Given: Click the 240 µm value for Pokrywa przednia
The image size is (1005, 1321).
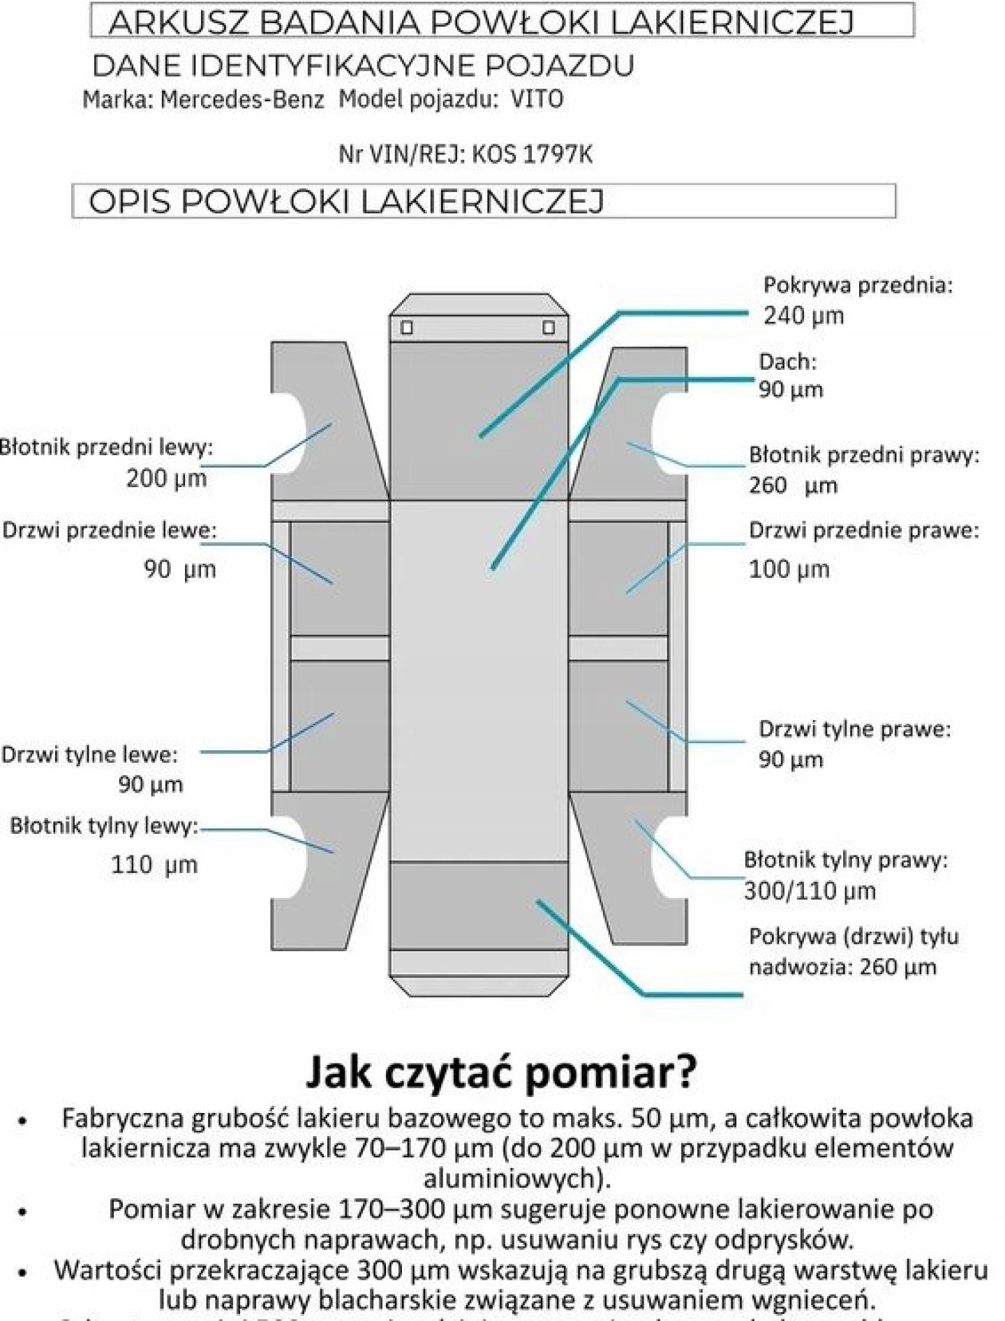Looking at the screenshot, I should (x=803, y=316).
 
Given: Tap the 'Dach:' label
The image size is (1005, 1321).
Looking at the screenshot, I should (x=787, y=361).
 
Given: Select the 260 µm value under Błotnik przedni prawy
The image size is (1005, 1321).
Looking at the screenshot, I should (x=793, y=485).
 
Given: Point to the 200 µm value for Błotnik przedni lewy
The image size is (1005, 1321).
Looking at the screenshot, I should (x=166, y=478).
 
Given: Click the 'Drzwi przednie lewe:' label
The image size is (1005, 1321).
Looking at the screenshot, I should (x=109, y=530).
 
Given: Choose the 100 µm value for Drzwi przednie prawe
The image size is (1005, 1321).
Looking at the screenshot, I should (x=789, y=569).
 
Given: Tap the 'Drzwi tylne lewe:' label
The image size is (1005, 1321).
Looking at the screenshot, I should (x=89, y=754).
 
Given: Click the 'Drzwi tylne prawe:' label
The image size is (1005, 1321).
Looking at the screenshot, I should (x=854, y=729).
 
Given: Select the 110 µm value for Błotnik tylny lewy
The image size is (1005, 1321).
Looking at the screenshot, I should (x=154, y=865).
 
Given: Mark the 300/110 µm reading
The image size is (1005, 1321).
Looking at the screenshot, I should (x=810, y=891).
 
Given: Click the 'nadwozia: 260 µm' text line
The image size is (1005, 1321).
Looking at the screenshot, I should (x=842, y=967).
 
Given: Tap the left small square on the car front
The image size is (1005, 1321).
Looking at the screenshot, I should (x=407, y=327).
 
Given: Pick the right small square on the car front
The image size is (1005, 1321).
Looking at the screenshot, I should (x=549, y=327).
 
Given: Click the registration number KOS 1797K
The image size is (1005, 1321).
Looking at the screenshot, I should (x=532, y=154).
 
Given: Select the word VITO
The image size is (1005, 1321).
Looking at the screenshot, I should (x=537, y=100).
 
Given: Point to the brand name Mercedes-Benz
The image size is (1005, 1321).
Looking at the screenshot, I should (x=242, y=100).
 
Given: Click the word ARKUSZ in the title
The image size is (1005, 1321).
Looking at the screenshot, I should (x=177, y=23).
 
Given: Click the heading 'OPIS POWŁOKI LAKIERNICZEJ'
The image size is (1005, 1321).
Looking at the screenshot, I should (x=346, y=202).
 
